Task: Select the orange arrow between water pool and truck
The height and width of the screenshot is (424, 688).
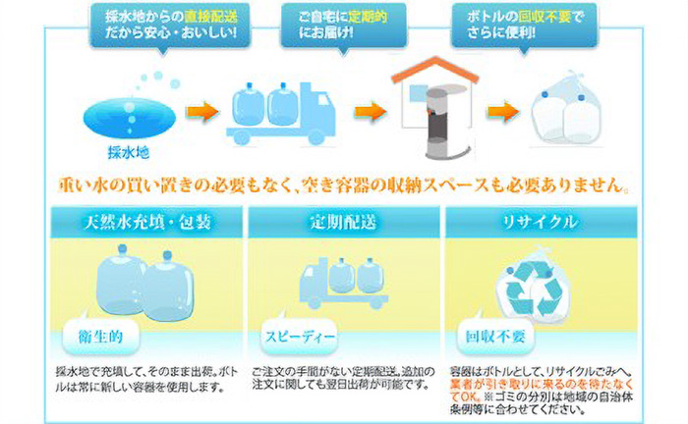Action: click(x=201, y=109)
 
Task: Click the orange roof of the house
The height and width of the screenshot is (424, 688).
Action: click(x=433, y=66)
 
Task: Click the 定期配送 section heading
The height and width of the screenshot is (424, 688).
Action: click(x=343, y=222)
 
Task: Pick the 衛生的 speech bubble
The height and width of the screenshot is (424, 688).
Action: click(x=102, y=337)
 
